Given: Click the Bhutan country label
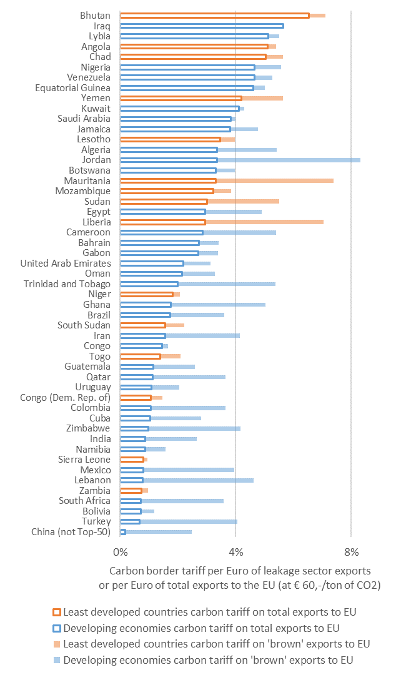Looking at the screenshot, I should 95,16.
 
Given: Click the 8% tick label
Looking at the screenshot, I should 351,551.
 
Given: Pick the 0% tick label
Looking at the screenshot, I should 120,551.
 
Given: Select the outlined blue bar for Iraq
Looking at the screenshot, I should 201,26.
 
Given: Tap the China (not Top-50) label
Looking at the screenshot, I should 71,531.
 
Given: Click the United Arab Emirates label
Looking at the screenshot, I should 66,263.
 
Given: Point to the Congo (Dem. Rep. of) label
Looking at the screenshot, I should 65,397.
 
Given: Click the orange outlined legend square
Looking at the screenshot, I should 57,612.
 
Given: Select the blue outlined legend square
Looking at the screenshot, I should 57,628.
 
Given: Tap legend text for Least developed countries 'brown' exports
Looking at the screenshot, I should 217,644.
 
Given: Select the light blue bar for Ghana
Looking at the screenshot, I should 218,304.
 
